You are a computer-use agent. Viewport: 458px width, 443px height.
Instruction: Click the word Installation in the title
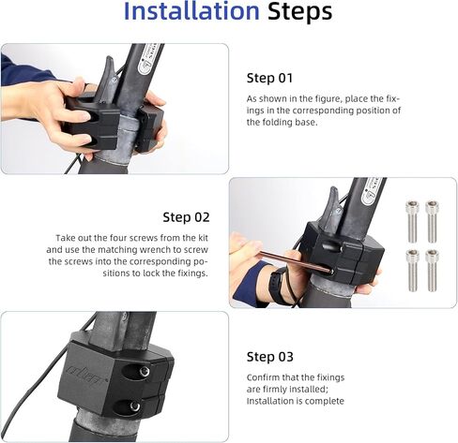click(x=191, y=11)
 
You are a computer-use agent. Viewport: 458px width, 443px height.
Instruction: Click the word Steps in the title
click(x=299, y=11)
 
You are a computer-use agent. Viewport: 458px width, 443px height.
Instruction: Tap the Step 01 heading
click(x=269, y=78)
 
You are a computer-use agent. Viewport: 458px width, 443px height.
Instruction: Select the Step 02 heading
click(x=186, y=217)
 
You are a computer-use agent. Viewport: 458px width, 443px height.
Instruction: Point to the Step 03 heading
click(x=270, y=357)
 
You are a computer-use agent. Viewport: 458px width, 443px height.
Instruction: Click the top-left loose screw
click(x=412, y=221)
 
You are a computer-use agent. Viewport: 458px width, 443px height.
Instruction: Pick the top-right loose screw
click(x=432, y=221)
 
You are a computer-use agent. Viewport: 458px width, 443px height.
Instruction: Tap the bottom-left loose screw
click(x=413, y=271)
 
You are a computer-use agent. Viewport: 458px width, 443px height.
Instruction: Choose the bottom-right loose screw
click(x=432, y=271)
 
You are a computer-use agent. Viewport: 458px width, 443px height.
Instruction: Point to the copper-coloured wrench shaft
click(x=296, y=261)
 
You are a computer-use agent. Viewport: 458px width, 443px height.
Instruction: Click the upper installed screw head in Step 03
click(x=144, y=372)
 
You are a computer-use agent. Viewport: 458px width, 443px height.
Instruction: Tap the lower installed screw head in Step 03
click(x=135, y=406)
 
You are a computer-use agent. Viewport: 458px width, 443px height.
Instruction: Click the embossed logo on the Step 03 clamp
click(x=86, y=373)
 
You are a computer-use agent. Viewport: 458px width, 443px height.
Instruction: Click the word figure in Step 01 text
click(x=321, y=99)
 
